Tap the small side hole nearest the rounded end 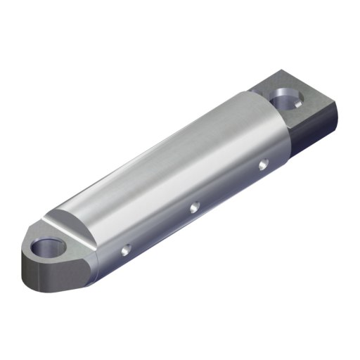[126, 249]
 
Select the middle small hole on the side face [195, 207]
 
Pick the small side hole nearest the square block [262, 165]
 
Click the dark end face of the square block [320, 134]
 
